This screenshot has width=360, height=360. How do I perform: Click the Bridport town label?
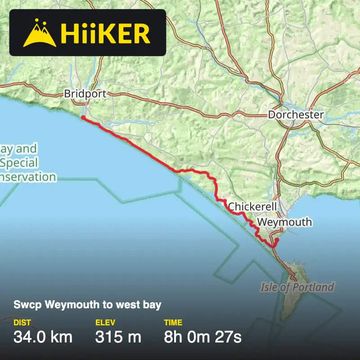pyautogui.click(x=85, y=94)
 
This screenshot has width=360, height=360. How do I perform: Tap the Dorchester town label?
pyautogui.click(x=296, y=115)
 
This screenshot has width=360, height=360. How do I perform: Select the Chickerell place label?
pyautogui.click(x=251, y=207)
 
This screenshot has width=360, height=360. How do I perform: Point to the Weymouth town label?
pyautogui.click(x=284, y=222)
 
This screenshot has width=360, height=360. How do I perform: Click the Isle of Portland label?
pyautogui.click(x=297, y=287)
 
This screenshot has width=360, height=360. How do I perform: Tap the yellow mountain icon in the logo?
pyautogui.click(x=40, y=34)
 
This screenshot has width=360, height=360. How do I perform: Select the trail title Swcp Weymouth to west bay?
pyautogui.click(x=87, y=306)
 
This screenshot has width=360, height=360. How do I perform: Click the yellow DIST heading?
pyautogui.click(x=22, y=323)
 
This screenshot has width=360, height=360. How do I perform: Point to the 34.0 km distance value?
pyautogui.click(x=43, y=337)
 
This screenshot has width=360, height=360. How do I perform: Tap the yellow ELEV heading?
pyautogui.click(x=105, y=323)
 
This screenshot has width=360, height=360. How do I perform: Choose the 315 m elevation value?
pyautogui.click(x=118, y=337)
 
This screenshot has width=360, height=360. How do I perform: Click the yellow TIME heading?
pyautogui.click(x=173, y=323)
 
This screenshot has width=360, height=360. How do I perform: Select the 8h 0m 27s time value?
pyautogui.click(x=202, y=337)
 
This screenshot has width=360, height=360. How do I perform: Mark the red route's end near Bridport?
pyautogui.click(x=83, y=117)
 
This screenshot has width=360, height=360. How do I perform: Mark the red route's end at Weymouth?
pyautogui.click(x=277, y=240)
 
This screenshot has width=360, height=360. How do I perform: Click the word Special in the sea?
pyautogui.click(x=19, y=162)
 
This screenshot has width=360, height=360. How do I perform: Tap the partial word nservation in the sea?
pyautogui.click(x=28, y=177)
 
